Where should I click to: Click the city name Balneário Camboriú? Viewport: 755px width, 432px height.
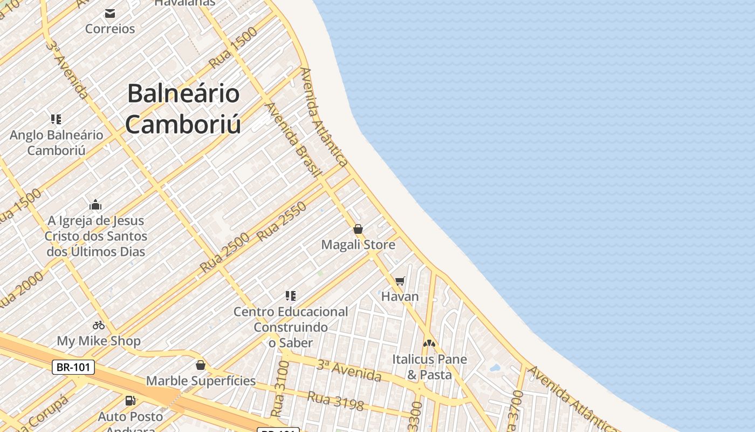(x=183, y=109)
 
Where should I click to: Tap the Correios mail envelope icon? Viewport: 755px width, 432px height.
(x=110, y=13)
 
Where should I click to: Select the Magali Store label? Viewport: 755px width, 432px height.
(x=358, y=245)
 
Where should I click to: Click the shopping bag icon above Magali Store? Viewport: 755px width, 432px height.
(x=358, y=229)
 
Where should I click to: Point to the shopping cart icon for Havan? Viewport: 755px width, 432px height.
(x=400, y=281)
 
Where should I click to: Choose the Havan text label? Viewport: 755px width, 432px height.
(x=400, y=296)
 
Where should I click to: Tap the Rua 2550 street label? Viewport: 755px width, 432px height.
(x=282, y=221)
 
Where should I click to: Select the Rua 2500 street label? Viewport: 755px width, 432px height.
(x=224, y=252)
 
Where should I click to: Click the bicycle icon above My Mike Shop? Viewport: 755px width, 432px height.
(x=98, y=325)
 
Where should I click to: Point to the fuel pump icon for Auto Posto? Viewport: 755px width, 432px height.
(x=130, y=401)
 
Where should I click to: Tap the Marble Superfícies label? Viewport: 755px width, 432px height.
(x=201, y=381)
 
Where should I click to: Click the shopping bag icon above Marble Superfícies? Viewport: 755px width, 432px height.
(x=201, y=366)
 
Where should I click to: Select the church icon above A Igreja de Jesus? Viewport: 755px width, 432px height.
(x=95, y=205)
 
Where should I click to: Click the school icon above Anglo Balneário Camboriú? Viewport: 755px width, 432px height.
(x=56, y=119)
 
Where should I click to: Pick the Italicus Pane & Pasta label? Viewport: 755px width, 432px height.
(x=429, y=367)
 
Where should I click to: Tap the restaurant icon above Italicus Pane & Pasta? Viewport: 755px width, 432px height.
(x=429, y=343)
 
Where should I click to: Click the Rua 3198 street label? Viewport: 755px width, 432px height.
(x=335, y=400)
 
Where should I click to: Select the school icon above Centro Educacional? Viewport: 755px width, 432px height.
(x=291, y=296)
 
